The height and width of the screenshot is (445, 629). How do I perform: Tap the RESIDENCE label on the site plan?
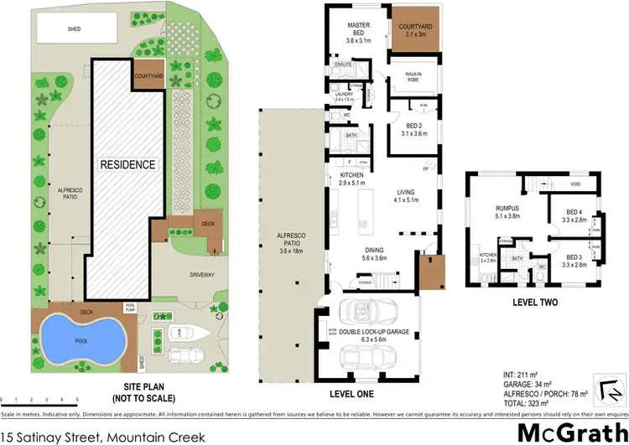[128, 164]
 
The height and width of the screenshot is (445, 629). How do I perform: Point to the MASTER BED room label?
[358, 31]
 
